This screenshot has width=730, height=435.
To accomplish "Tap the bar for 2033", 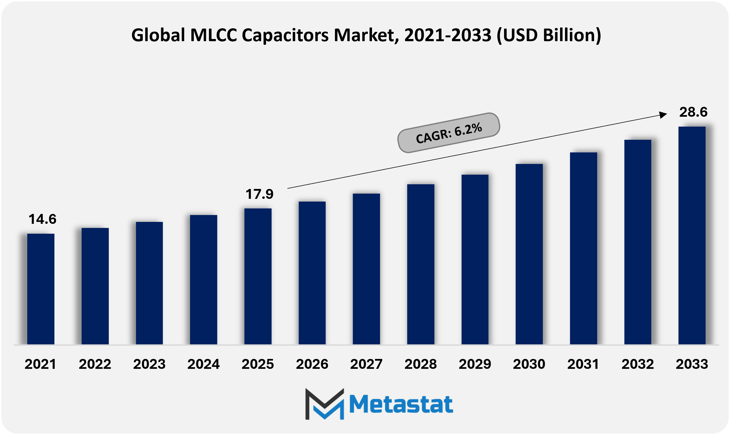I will tap(692, 235).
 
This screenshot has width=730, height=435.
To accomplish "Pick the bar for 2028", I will tap(421, 264).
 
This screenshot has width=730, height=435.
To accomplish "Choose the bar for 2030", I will tap(529, 254).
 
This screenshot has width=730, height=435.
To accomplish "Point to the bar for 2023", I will tap(149, 283).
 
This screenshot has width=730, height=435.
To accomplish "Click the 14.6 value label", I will tap(43, 219).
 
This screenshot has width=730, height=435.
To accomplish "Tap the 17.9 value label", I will tap(259, 194).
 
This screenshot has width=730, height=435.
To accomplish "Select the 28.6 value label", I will tap(693, 112).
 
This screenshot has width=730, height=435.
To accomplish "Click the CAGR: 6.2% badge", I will tap(449, 133).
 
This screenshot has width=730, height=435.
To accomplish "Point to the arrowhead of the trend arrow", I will tap(663, 115).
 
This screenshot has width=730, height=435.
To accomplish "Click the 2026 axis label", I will tap(312, 364).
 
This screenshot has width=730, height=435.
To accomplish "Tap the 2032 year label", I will tap(638, 364).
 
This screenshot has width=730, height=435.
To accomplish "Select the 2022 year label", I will tap(95, 364).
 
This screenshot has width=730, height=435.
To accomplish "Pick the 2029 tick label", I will tap(475, 364).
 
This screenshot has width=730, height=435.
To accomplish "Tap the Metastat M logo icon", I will tap(325, 404).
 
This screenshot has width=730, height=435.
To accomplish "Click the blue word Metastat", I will tap(401, 404).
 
